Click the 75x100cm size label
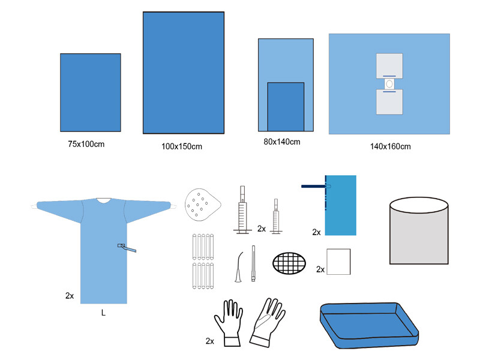tap(86, 144)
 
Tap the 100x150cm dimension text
tap(182, 146)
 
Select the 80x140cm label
tap(282, 142)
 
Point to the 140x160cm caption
tap(391, 146)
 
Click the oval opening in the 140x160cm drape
tap(389, 83)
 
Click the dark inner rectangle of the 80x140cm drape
tap(286, 107)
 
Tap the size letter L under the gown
tap(103, 313)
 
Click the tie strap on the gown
tap(127, 248)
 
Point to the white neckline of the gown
tap(103, 200)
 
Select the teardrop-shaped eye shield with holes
tap(202, 205)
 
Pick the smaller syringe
tap(276, 216)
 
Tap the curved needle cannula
tap(238, 267)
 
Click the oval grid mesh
tap(289, 263)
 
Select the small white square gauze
tap(338, 262)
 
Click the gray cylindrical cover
tap(419, 230)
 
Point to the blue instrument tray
tap(369, 325)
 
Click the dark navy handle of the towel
tap(314, 186)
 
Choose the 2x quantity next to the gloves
tap(209, 341)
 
